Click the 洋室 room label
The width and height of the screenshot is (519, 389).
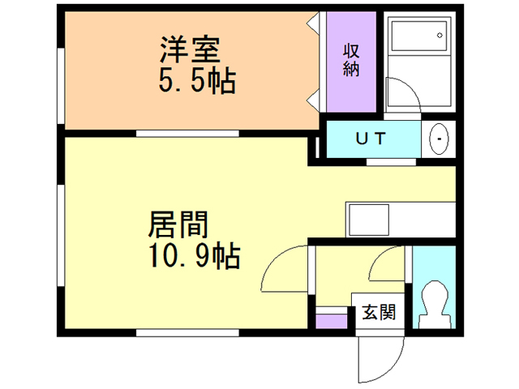pyautogui.click(x=190, y=49)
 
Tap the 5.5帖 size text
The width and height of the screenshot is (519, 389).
pyautogui.click(x=197, y=80)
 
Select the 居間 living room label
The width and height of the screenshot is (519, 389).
pyautogui.click(x=178, y=224)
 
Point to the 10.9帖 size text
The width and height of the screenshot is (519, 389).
pyautogui.click(x=195, y=255)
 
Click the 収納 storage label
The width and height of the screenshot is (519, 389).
pyautogui.click(x=351, y=60)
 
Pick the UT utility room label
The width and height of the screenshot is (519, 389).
pyautogui.click(x=371, y=139)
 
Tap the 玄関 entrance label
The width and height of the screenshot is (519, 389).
pyautogui.click(x=379, y=312)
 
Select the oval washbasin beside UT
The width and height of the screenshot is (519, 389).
pyautogui.click(x=439, y=139)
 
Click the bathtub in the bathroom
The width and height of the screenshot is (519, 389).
pyautogui.click(x=418, y=36)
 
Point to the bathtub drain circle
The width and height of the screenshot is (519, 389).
pyautogui.click(x=440, y=36)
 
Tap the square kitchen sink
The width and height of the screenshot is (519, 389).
pyautogui.click(x=369, y=220)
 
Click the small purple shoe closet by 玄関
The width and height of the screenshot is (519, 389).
pyautogui.click(x=331, y=321)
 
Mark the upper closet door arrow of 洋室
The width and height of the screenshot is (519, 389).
pyautogui.click(x=312, y=24)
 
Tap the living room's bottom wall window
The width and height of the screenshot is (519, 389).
pyautogui.click(x=187, y=332)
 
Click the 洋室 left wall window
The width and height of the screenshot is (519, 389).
pyautogui.click(x=61, y=86)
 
